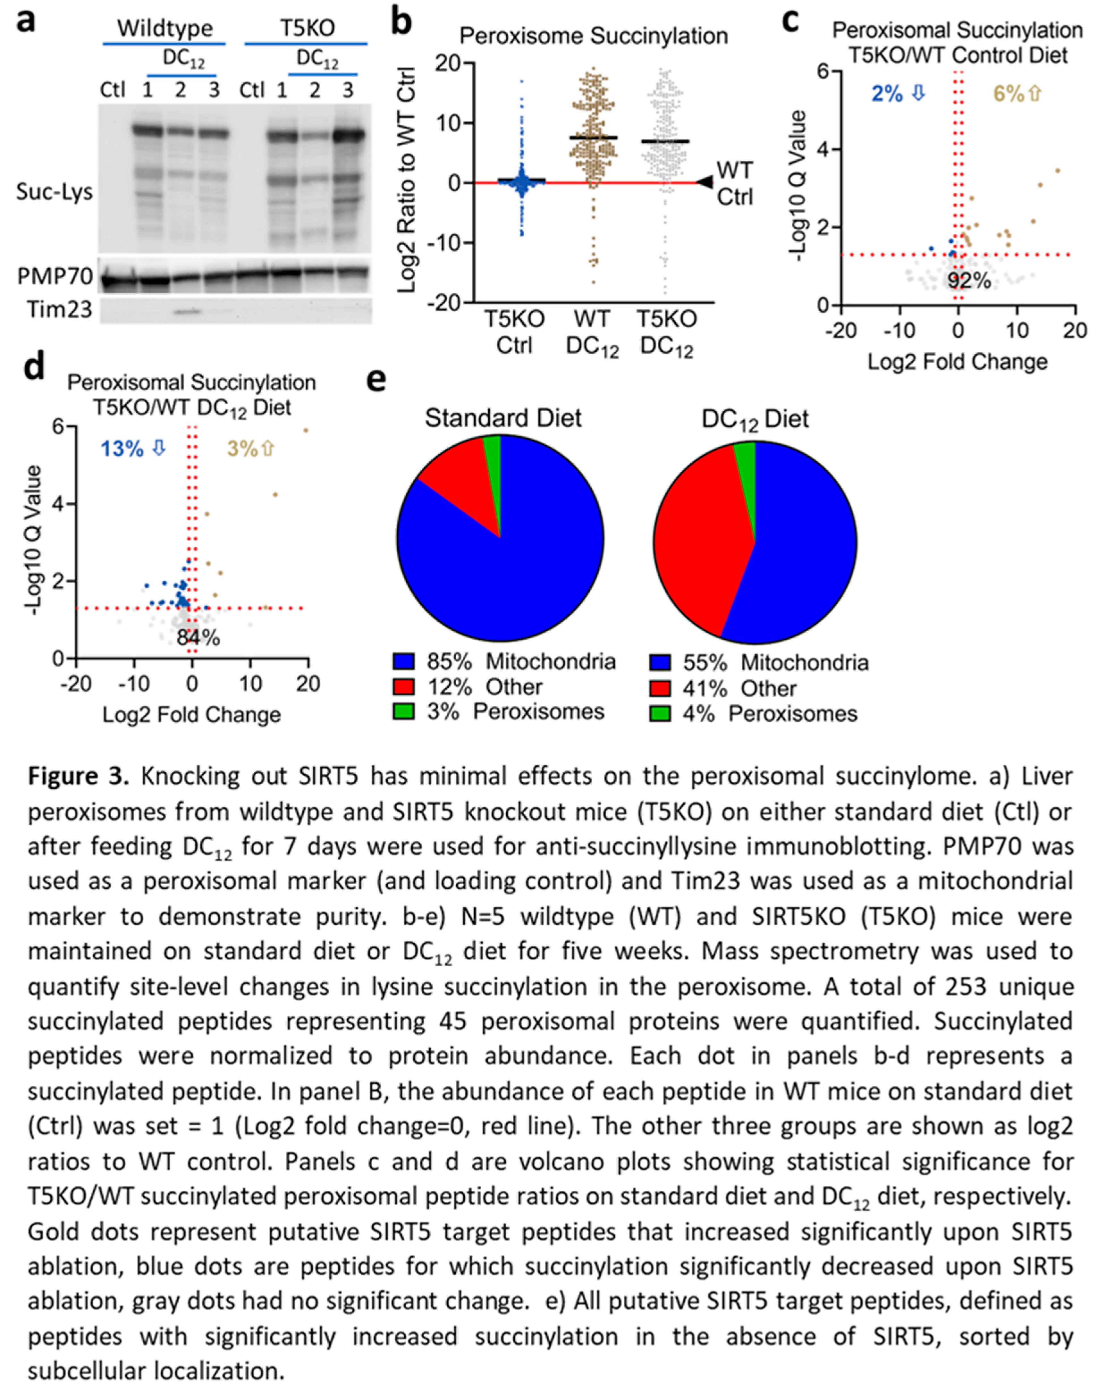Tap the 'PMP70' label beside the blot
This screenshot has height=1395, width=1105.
coord(55,277)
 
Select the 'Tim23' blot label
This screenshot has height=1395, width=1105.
coord(60,310)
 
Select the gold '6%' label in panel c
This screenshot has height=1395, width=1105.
coord(1008,95)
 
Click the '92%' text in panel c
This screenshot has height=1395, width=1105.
coord(968,281)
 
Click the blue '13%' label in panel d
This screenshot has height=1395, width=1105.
coord(122,448)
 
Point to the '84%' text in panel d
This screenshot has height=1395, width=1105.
coord(198,638)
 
